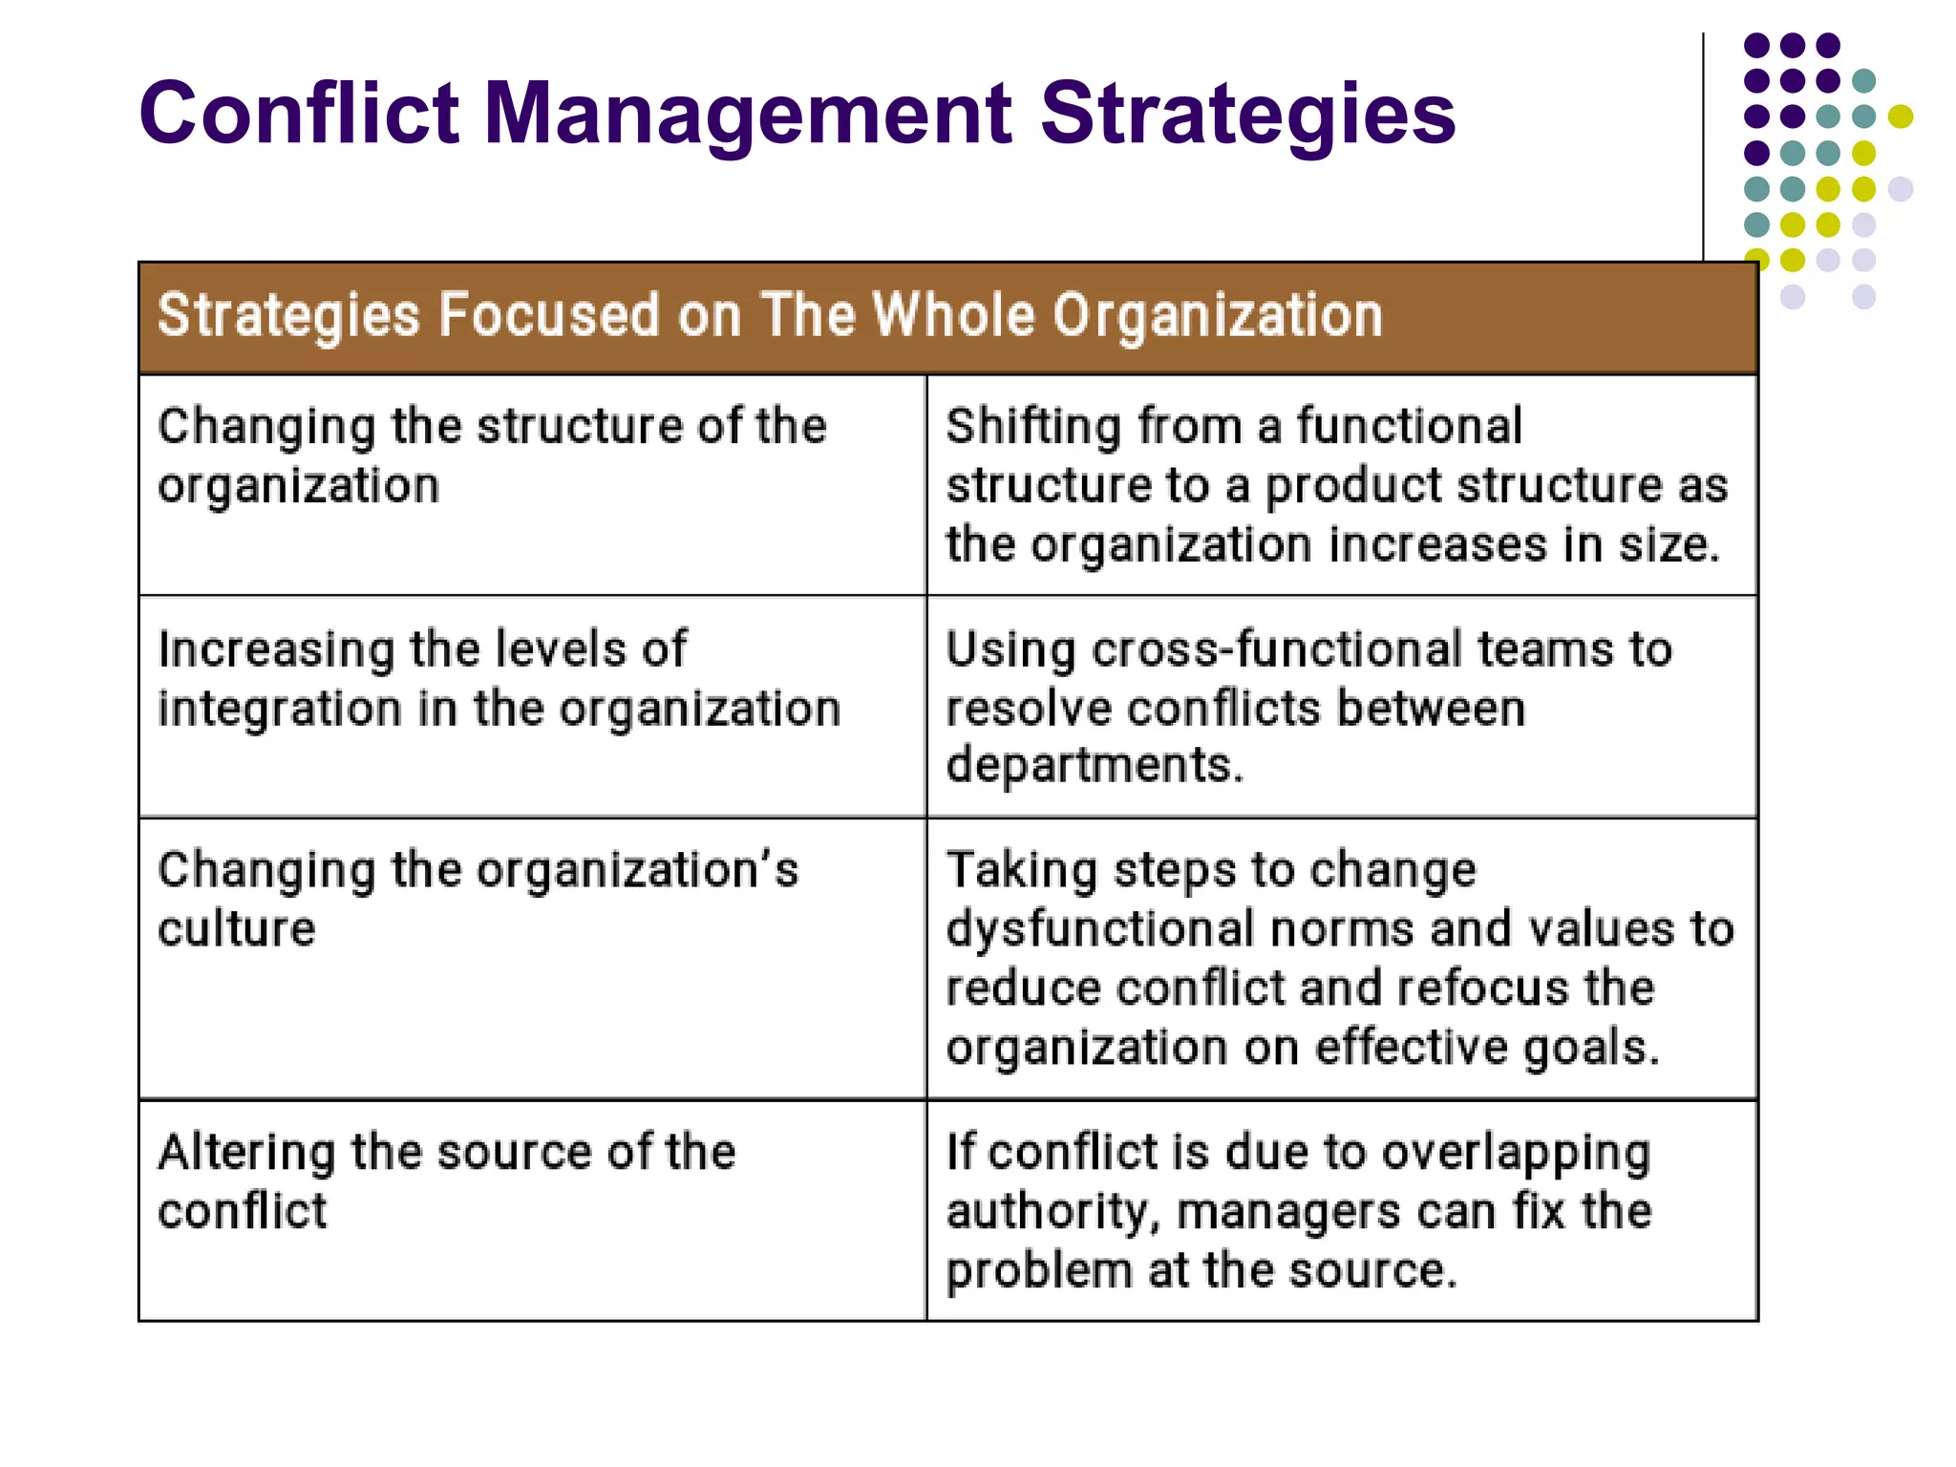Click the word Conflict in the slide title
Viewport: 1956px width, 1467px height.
[x=298, y=113]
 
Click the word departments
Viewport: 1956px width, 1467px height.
[x=1095, y=766]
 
